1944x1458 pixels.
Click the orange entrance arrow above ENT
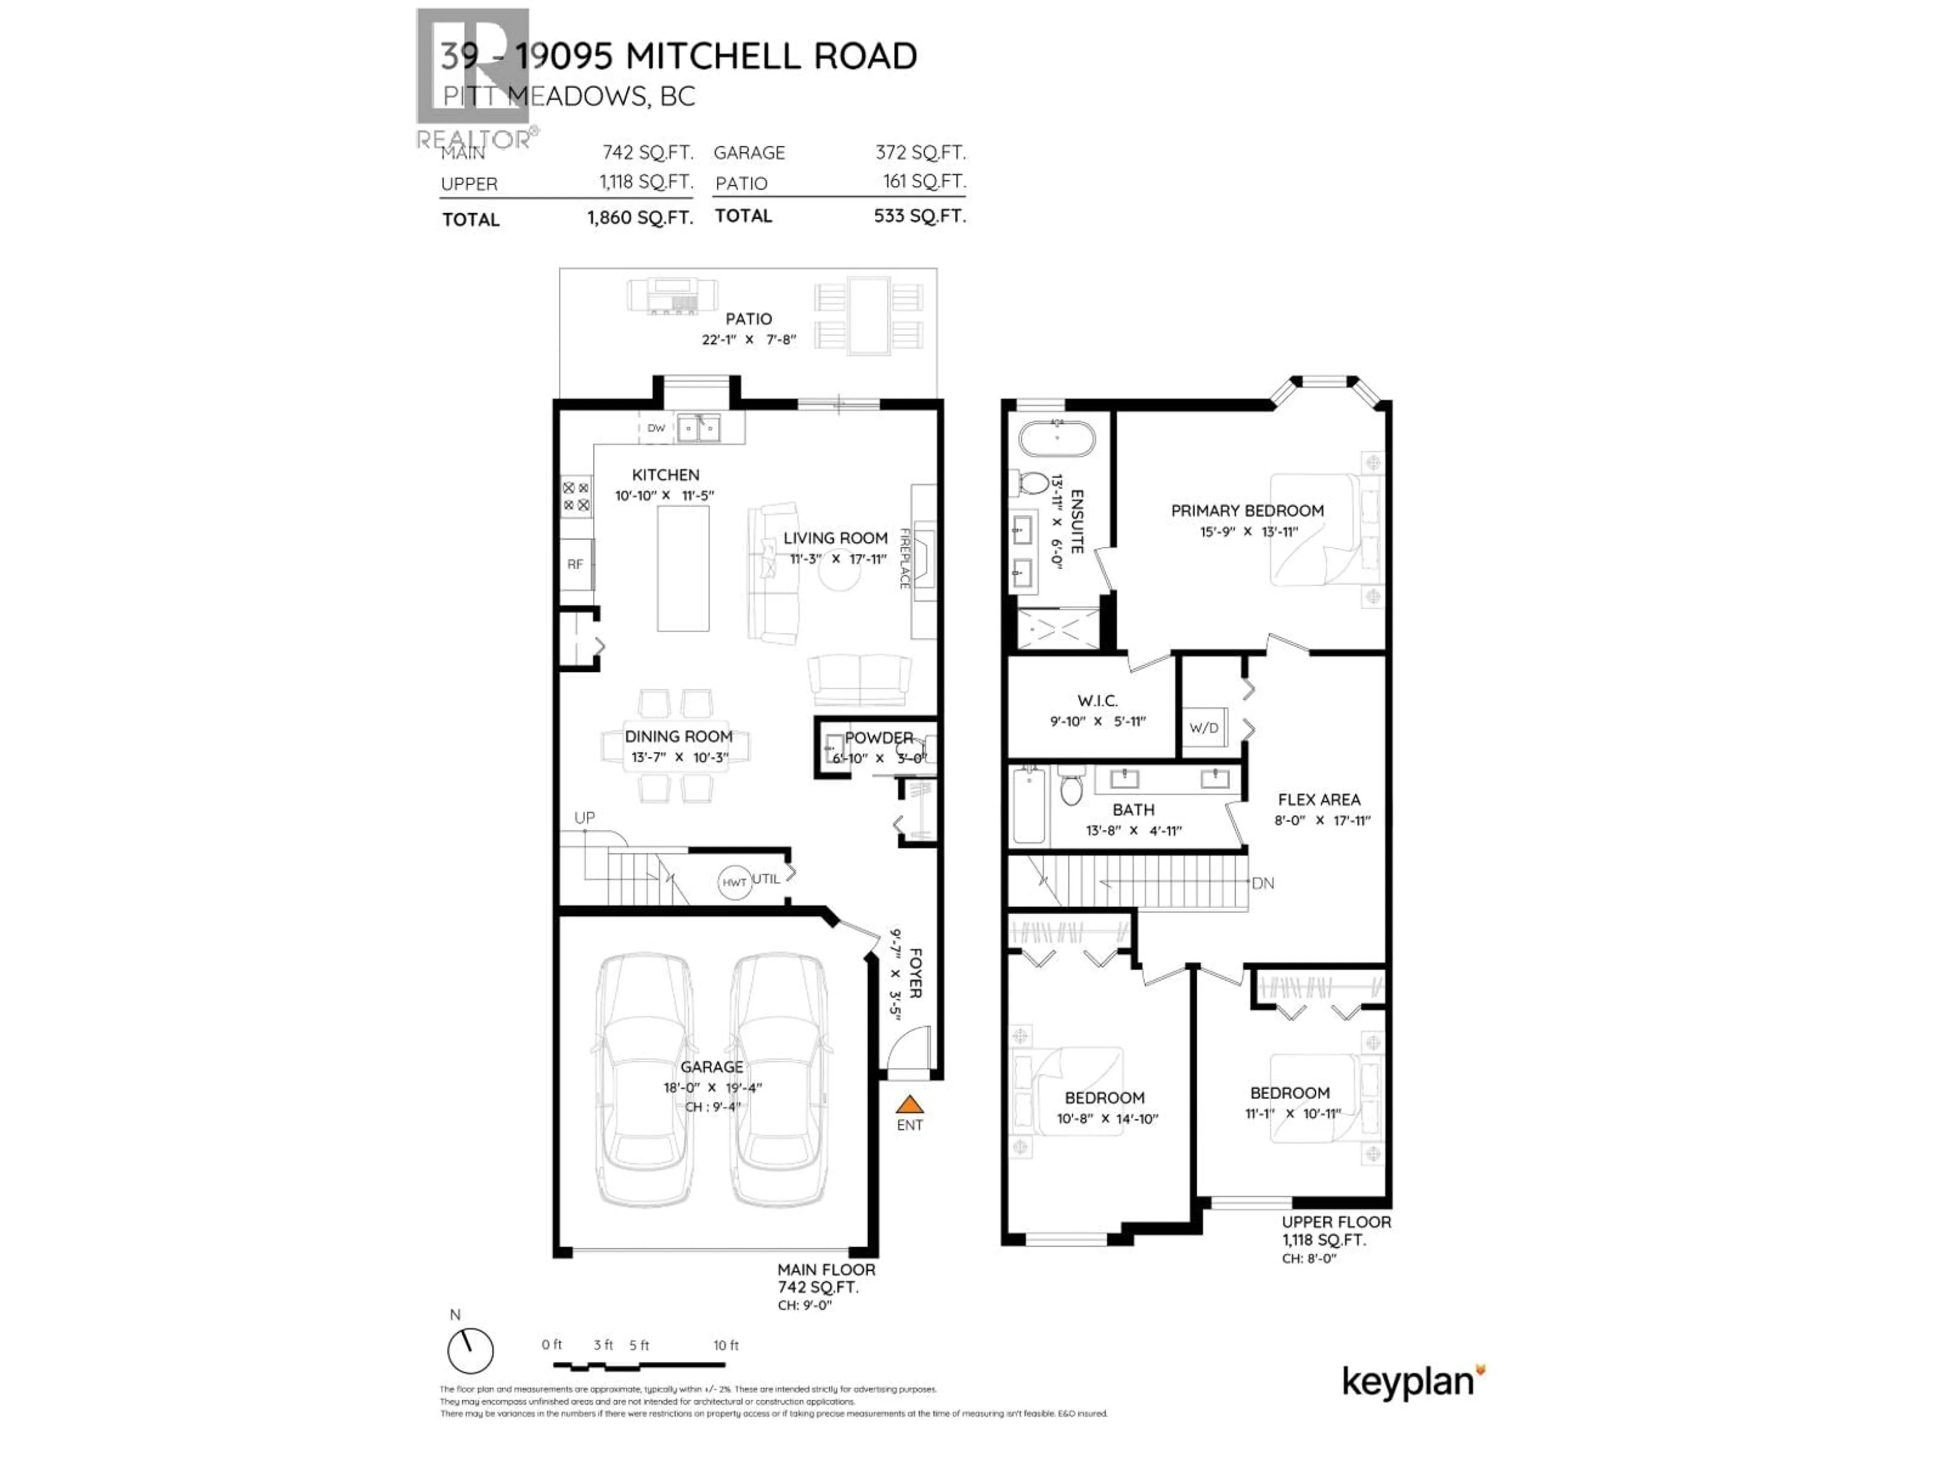coord(910,1105)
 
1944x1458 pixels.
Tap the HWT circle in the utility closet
coord(734,882)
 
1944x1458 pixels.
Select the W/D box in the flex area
coord(1204,727)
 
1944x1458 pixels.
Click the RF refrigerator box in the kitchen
coord(576,564)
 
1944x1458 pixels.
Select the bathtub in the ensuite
coord(1057,438)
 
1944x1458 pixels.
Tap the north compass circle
coord(470,1351)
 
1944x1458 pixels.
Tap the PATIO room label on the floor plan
coord(749,319)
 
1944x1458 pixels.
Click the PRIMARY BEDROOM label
coord(1247,511)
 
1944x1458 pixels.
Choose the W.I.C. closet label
coord(1097,701)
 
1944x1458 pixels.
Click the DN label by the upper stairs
coord(1263,883)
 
